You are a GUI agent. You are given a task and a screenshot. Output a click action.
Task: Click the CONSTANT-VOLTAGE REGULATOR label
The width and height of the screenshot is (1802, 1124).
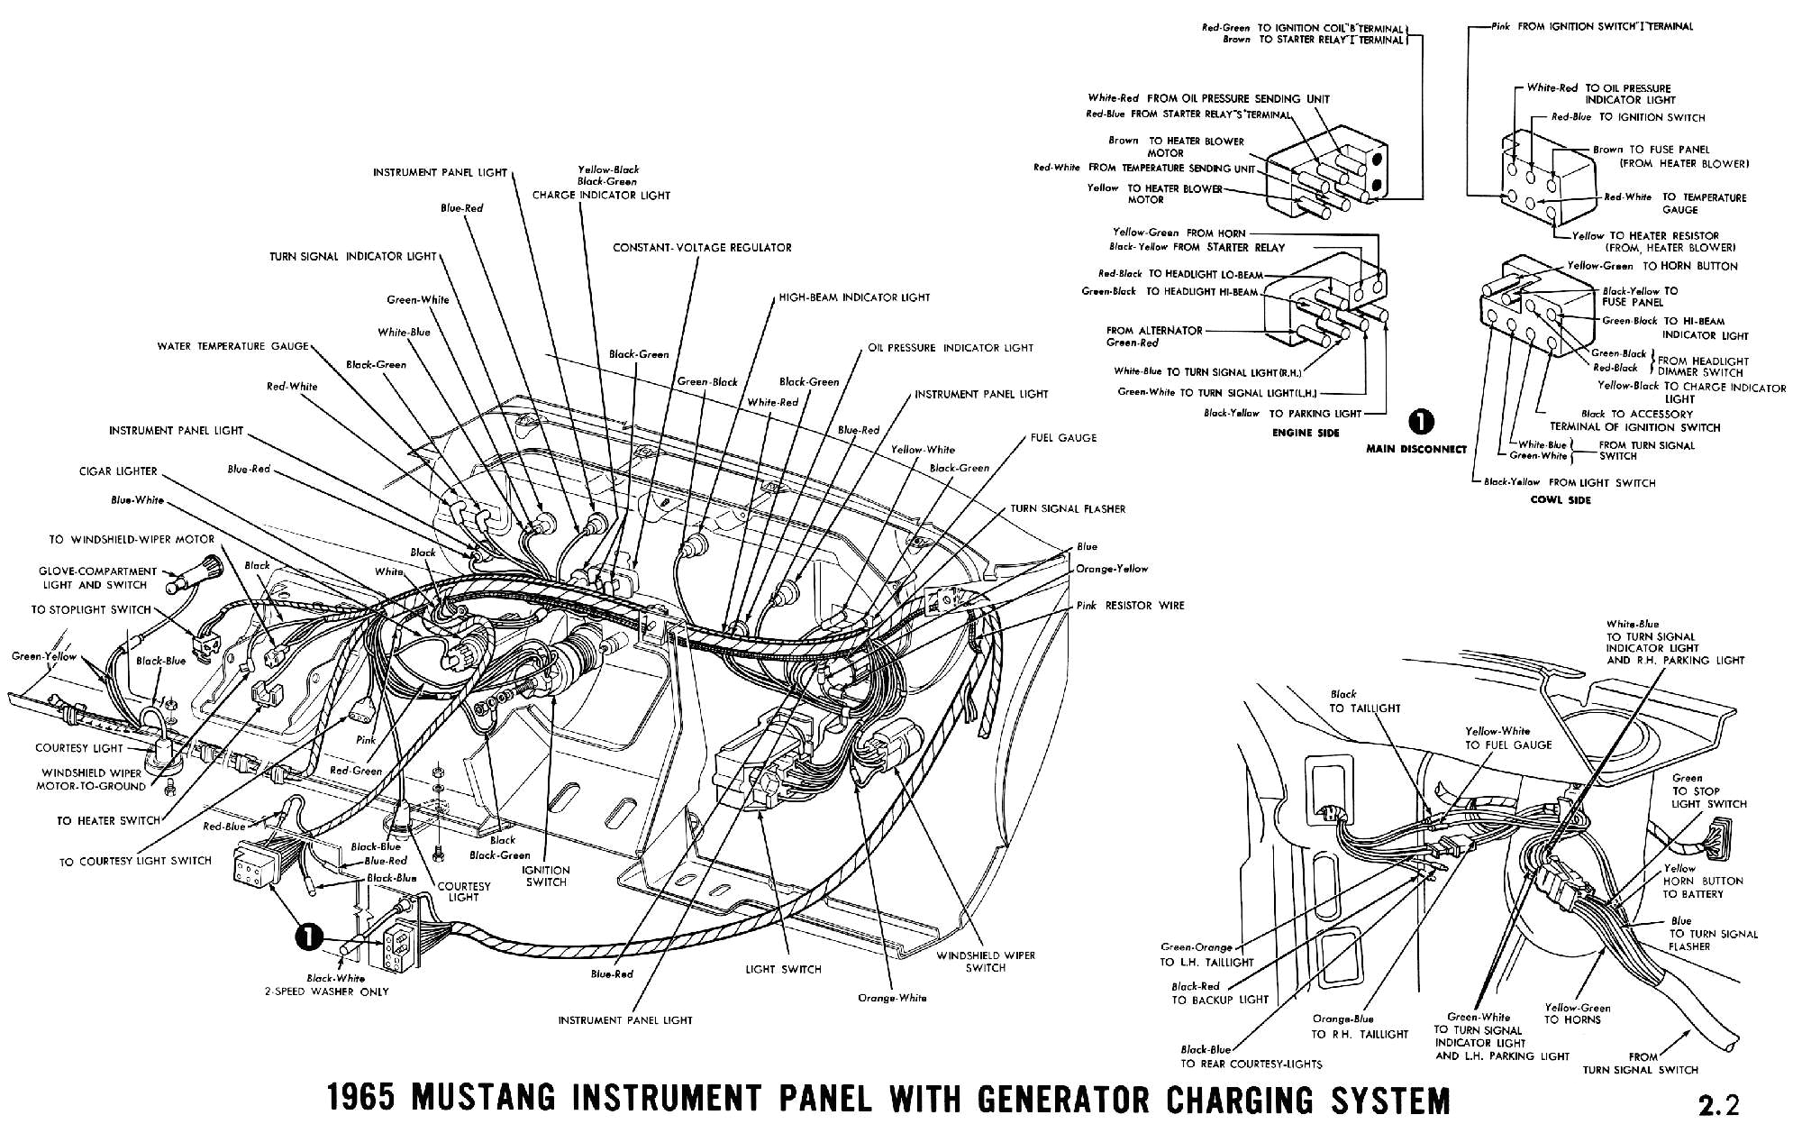702,247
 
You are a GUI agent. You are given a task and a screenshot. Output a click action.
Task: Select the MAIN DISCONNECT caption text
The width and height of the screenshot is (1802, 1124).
1416,449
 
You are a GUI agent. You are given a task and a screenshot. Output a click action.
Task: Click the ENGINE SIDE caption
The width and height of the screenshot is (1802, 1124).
1306,433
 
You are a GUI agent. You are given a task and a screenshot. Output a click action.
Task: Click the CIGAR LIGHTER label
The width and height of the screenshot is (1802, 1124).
117,471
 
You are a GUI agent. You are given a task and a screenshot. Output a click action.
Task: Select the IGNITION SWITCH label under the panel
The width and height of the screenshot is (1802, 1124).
546,876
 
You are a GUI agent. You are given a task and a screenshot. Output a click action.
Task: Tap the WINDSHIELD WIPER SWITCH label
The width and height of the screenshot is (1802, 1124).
985,961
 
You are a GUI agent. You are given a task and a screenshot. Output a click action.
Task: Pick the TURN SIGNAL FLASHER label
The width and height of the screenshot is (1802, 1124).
1068,509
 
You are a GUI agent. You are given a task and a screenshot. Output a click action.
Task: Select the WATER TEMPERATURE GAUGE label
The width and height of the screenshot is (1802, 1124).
232,346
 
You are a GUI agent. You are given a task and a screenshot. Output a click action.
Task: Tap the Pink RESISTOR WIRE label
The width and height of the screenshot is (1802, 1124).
1131,606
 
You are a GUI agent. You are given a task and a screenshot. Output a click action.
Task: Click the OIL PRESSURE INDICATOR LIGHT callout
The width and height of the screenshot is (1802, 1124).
951,348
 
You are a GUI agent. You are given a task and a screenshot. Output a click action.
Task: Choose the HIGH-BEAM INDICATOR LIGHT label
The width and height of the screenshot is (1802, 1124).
854,297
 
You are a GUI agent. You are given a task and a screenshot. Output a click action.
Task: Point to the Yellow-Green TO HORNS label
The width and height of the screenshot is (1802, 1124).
1577,1014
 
